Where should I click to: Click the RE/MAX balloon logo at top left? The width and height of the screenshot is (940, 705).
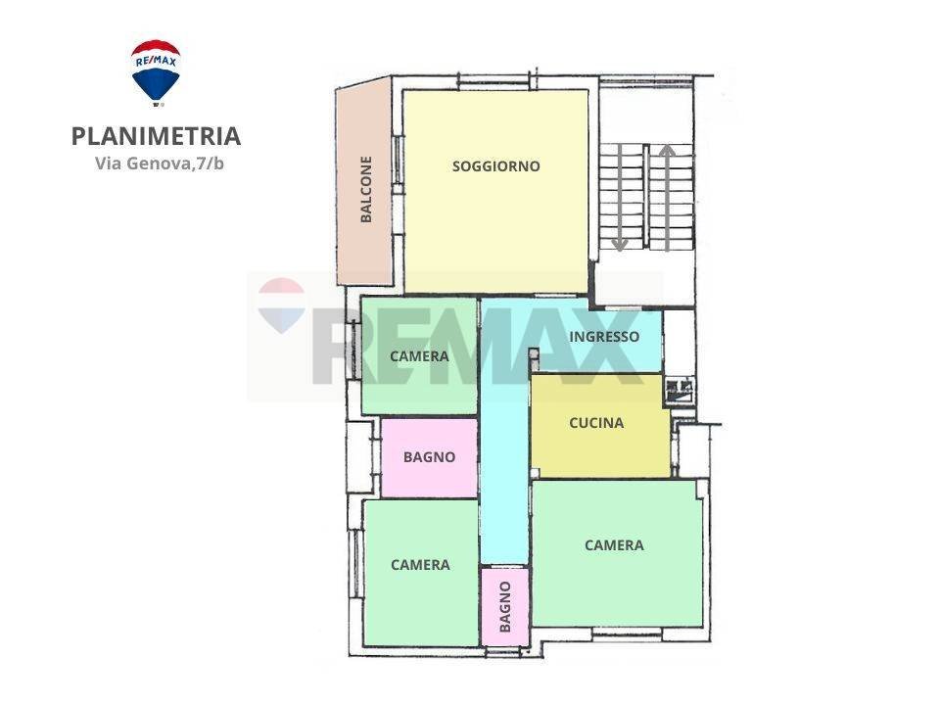(x=156, y=71)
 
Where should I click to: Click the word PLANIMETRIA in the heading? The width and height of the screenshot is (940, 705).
(x=156, y=136)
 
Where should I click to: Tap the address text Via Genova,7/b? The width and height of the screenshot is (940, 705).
(x=160, y=164)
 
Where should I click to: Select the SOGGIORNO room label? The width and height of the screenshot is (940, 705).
(x=495, y=166)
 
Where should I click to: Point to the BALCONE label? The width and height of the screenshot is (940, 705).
(x=366, y=190)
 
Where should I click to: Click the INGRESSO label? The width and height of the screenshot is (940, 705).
(x=604, y=337)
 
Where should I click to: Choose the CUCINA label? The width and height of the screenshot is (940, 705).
(x=596, y=423)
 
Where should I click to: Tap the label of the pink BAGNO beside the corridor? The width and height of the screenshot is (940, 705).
(x=429, y=456)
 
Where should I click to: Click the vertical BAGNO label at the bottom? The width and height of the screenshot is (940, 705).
(x=504, y=606)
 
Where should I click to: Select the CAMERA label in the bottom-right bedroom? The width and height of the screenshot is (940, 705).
(x=614, y=545)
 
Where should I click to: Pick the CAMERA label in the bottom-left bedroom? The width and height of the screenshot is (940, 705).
(x=420, y=565)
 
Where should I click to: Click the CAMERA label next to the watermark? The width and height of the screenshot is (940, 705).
(x=419, y=356)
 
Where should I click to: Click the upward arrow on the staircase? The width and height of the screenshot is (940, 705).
(x=668, y=197)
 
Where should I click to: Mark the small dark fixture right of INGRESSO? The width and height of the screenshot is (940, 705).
(x=678, y=391)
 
